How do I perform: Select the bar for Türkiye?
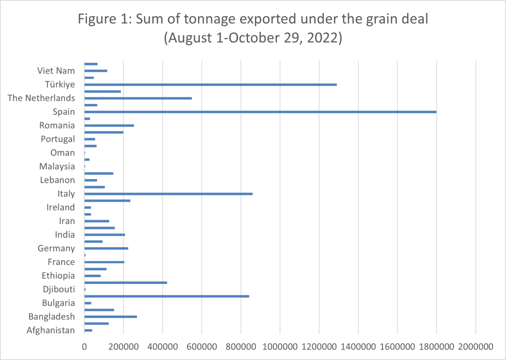click(x=211, y=85)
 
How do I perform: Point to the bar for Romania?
click(x=109, y=126)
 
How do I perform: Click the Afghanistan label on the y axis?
click(x=51, y=330)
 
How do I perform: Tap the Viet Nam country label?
click(x=56, y=71)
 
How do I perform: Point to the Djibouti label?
click(x=59, y=289)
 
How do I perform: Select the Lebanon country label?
click(x=57, y=180)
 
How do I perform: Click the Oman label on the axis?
click(x=63, y=153)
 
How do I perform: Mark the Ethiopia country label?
click(x=58, y=275)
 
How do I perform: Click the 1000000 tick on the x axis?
click(x=280, y=345)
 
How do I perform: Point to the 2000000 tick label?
click(x=475, y=345)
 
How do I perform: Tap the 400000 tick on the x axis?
click(x=163, y=345)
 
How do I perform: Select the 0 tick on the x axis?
click(x=84, y=345)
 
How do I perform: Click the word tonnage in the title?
click(x=210, y=20)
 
